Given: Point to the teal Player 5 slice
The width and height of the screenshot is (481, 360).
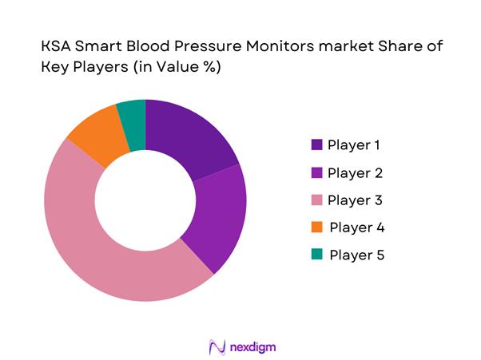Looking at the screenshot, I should (133, 116).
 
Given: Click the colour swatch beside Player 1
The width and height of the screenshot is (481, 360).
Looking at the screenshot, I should (317, 145).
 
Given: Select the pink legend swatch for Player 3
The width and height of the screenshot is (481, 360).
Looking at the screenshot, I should (317, 200).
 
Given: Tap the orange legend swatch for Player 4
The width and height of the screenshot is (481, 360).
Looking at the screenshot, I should (317, 227).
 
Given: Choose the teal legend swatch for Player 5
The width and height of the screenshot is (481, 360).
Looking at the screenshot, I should (317, 255).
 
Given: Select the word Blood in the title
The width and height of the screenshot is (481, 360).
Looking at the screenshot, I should (147, 48).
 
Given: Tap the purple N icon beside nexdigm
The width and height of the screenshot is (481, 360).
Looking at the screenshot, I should (214, 347).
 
